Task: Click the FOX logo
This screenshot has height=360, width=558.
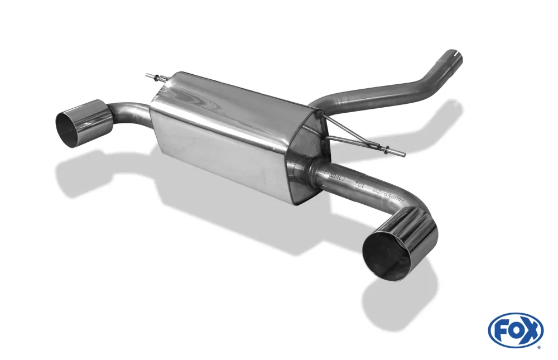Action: point(515,330)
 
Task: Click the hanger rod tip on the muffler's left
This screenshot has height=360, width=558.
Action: point(147,75)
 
